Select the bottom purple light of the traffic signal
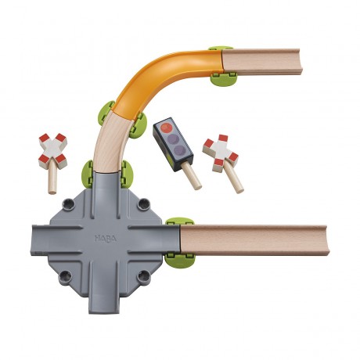click(x=180, y=151)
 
